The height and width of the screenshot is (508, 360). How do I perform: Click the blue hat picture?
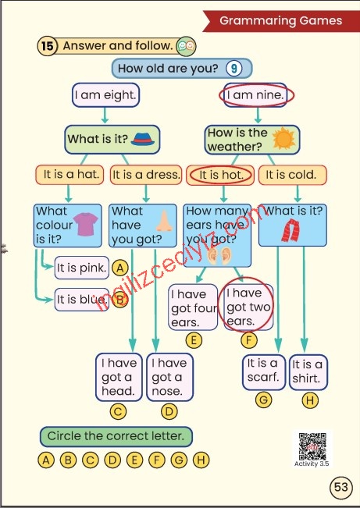(142, 139)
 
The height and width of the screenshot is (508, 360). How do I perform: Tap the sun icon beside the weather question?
(283, 139)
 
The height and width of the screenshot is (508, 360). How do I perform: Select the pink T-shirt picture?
(86, 224)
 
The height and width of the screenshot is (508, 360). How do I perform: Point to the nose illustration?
(164, 222)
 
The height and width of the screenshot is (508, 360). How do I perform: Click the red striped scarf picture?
(290, 230)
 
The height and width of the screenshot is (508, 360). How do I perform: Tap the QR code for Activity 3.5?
(312, 446)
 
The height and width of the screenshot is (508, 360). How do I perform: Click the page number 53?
(340, 487)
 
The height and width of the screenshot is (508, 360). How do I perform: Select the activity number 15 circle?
(48, 46)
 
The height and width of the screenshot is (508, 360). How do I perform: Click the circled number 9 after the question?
(233, 69)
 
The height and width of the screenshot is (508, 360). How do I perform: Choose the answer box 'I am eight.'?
(105, 95)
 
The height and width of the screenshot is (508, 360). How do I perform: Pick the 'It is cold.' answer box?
(293, 175)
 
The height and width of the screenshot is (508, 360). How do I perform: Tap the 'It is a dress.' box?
(146, 175)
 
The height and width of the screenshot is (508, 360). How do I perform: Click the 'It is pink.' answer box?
(82, 268)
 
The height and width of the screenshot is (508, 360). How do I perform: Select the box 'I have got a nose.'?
(169, 377)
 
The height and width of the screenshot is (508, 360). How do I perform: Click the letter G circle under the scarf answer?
(263, 400)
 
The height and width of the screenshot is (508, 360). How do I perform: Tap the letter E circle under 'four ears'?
(194, 340)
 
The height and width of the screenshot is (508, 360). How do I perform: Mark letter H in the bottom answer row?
(201, 460)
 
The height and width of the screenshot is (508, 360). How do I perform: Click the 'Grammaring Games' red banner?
(281, 21)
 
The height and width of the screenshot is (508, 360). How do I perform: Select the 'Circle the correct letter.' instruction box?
(116, 436)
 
